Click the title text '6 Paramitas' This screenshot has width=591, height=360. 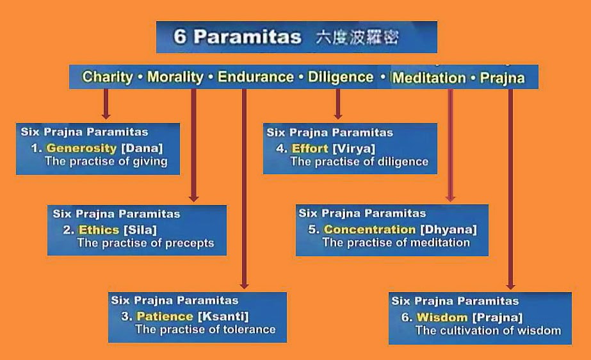pos(237,37)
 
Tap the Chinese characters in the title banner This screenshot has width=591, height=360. pos(357,37)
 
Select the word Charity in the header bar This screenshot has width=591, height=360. pos(108,78)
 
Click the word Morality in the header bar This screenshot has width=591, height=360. pos(175,78)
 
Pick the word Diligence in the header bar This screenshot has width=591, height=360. pos(340,78)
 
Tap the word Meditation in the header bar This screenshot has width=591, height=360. pos(428,78)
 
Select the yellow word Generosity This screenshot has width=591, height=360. pos(81,148)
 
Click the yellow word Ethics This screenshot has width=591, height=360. pos(99,229)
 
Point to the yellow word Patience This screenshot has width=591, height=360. pos(165,316)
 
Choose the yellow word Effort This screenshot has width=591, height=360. pos(310,148)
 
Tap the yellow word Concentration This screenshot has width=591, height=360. pos(369,229)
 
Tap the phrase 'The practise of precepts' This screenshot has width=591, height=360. pos(145,243)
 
